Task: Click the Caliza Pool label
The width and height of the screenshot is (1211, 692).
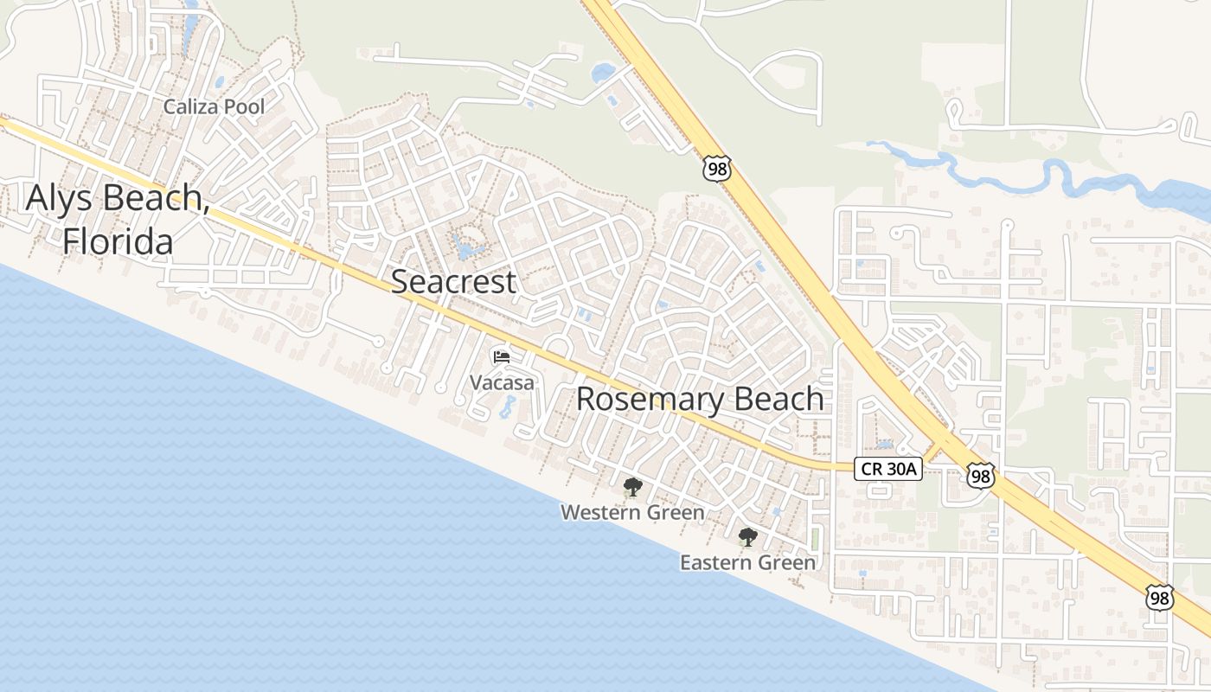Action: [215, 107]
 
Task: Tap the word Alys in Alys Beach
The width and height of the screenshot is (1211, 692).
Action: [63, 198]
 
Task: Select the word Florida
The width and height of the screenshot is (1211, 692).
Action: [118, 241]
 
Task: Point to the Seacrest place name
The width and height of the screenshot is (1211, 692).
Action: [454, 282]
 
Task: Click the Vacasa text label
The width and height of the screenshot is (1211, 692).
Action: [502, 381]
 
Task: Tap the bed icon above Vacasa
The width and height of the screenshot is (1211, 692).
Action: [502, 356]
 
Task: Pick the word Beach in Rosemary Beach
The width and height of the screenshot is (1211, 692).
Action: [778, 400]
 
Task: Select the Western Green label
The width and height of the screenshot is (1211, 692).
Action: [632, 513]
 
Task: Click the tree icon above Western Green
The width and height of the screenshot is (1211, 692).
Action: [632, 487]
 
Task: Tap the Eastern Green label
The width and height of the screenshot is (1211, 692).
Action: [747, 563]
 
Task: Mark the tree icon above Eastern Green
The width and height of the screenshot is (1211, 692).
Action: [747, 537]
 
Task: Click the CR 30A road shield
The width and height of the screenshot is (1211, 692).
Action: [888, 469]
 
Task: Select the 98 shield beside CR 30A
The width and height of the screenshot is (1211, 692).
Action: [980, 475]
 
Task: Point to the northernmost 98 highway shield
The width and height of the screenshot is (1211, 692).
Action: [717, 169]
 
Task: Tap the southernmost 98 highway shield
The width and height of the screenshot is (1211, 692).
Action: [1160, 597]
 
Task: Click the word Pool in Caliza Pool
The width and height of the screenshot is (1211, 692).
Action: [245, 107]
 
